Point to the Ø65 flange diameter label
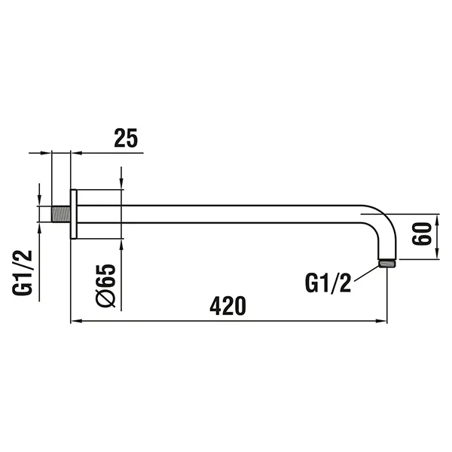[105, 285]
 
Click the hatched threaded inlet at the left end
[61, 212]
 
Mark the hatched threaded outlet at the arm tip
[387, 264]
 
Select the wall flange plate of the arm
[74, 212]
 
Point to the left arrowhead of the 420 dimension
[75, 322]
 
